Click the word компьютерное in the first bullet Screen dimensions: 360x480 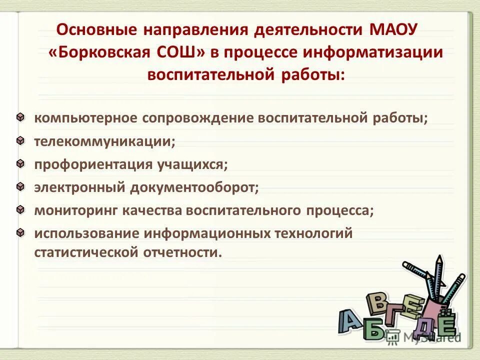click(85, 118)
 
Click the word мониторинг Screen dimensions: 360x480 click(75, 210)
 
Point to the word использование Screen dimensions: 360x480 click(86, 233)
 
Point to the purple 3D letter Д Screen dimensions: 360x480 click(419, 326)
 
